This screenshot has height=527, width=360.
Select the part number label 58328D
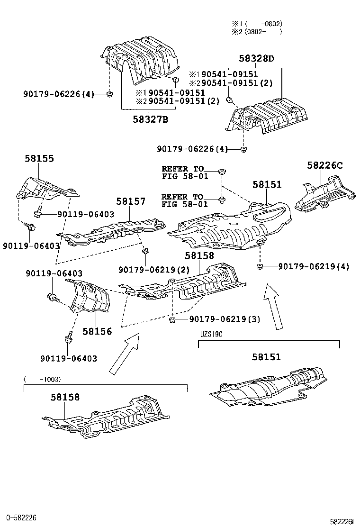256,59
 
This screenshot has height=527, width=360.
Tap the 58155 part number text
39,159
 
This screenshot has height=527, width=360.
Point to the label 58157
131,201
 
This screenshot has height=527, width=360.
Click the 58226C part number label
324,165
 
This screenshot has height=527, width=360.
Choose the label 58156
97,331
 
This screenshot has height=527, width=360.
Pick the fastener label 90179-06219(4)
313,266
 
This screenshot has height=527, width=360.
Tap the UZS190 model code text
211,333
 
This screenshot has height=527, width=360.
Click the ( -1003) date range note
42,379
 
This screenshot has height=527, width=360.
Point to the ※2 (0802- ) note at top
257,32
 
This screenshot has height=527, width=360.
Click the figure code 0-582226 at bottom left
21,517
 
